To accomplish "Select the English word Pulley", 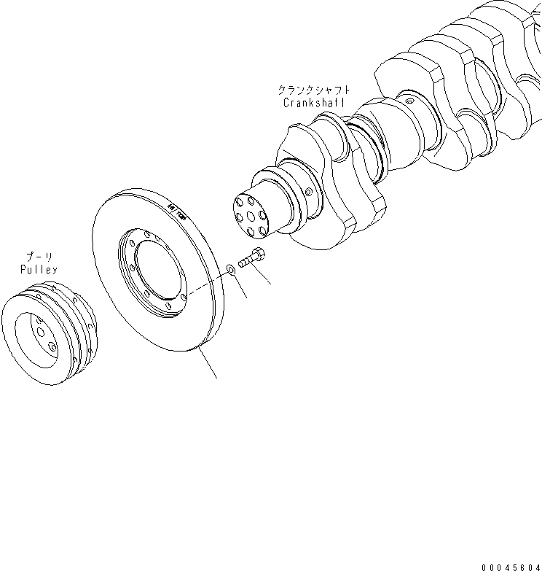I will [39, 270].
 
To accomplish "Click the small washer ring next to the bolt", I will [230, 269].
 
